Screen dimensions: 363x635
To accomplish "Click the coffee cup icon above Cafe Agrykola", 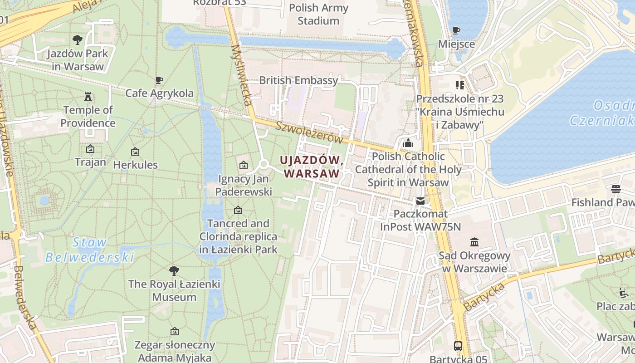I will click(x=159, y=80).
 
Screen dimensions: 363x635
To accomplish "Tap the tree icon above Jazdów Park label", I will click(x=78, y=40).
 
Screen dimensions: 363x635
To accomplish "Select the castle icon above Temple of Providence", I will click(x=88, y=97).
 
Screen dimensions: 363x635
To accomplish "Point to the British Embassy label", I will click(x=298, y=80).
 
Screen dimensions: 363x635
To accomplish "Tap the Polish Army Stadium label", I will click(x=318, y=14).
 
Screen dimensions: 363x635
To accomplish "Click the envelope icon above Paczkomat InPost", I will click(x=420, y=201).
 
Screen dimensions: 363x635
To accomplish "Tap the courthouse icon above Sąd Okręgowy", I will click(x=474, y=242).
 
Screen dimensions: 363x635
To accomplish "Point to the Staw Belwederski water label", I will click(x=90, y=250).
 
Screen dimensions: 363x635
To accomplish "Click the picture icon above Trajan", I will click(x=90, y=149).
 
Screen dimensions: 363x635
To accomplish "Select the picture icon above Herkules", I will click(x=135, y=152).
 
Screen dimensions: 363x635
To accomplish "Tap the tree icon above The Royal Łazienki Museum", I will click(x=174, y=271).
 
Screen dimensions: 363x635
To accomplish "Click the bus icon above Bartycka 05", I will click(x=458, y=346).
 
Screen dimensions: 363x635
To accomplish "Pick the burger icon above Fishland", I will click(x=615, y=189).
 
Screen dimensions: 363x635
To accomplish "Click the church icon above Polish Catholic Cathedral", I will click(x=408, y=143).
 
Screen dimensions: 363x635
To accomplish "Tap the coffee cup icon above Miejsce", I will click(x=456, y=31).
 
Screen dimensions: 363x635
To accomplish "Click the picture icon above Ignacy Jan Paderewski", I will click(x=244, y=165).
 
